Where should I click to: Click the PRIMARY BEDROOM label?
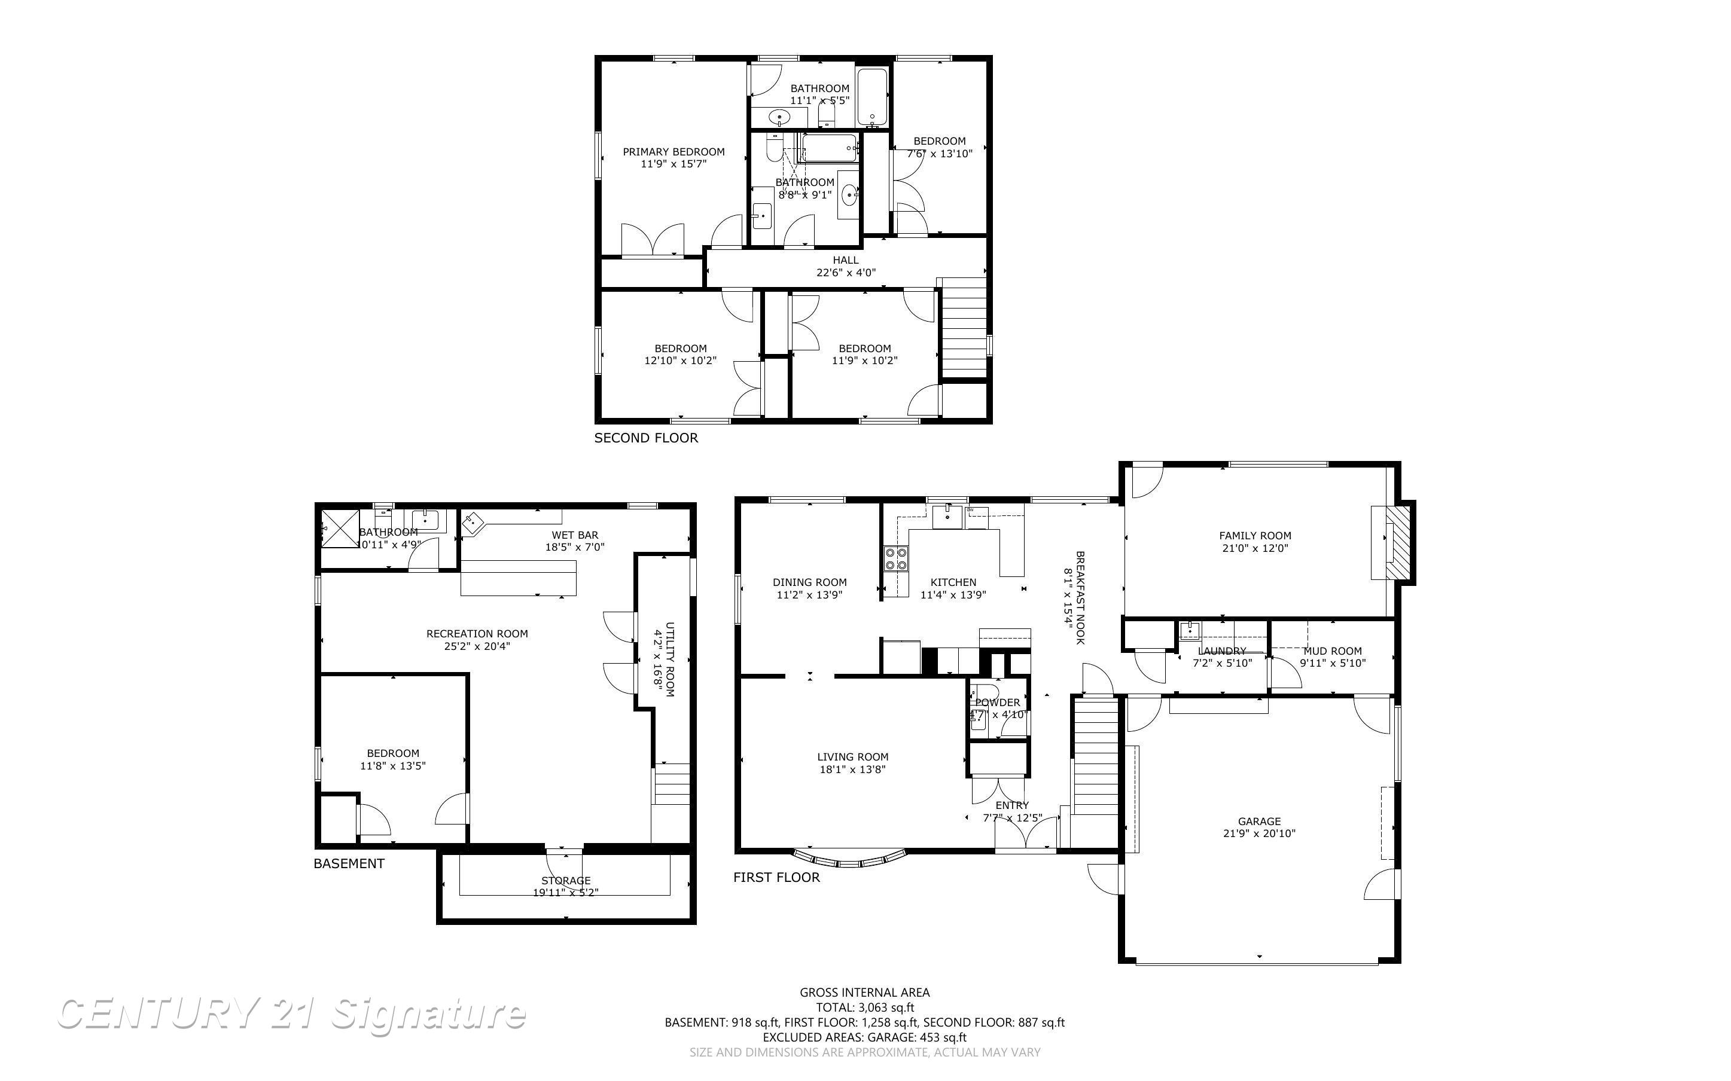(673, 152)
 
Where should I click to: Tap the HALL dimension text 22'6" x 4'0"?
(846, 273)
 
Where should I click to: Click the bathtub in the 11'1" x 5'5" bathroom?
(871, 97)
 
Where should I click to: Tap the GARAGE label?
(1259, 821)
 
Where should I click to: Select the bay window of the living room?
(850, 859)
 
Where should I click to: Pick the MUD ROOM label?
(1332, 651)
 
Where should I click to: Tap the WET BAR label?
(574, 535)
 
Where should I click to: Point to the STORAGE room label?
(566, 880)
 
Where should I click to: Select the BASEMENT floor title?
(349, 863)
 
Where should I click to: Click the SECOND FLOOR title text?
(645, 438)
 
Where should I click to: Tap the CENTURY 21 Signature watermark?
(291, 1015)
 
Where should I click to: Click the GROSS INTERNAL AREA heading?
(864, 992)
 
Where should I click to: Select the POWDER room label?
(998, 702)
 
